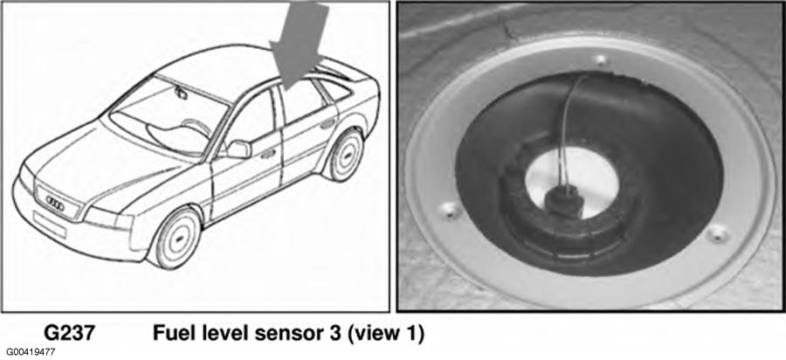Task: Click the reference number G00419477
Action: pyautogui.click(x=31, y=352)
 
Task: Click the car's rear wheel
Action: pyautogui.click(x=345, y=155)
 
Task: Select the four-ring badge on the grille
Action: pyautogui.click(x=55, y=202)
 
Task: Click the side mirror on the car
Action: pyautogui.click(x=239, y=149)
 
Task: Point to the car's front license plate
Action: pyautogui.click(x=49, y=223)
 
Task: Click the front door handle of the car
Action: pyautogui.click(x=269, y=153)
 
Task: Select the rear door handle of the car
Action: pyautogui.click(x=327, y=123)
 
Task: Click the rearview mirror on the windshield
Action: pyautogui.click(x=181, y=93)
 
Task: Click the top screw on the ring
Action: pyautogui.click(x=601, y=60)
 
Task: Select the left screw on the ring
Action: pyautogui.click(x=450, y=210)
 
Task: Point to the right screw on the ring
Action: pyautogui.click(x=718, y=232)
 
